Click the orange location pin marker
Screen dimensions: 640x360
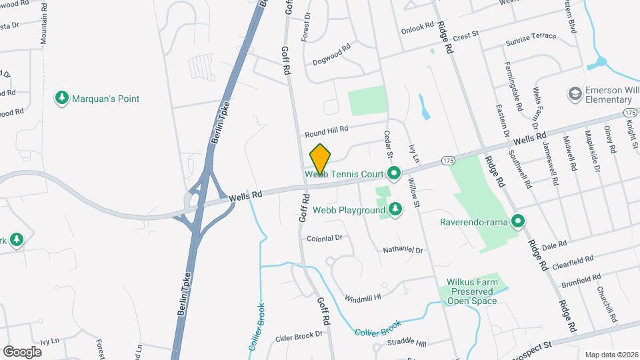click(320, 159)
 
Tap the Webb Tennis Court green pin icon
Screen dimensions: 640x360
click(394, 174)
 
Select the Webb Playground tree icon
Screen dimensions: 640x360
click(395, 210)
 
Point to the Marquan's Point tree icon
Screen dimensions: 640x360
click(62, 99)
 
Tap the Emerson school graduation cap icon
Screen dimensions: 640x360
click(574, 94)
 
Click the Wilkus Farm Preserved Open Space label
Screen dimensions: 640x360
click(473, 291)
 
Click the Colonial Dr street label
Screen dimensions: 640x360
click(325, 238)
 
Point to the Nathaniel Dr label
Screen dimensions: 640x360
click(403, 250)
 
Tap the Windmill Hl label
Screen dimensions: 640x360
click(363, 297)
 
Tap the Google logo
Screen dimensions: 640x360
click(22, 351)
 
